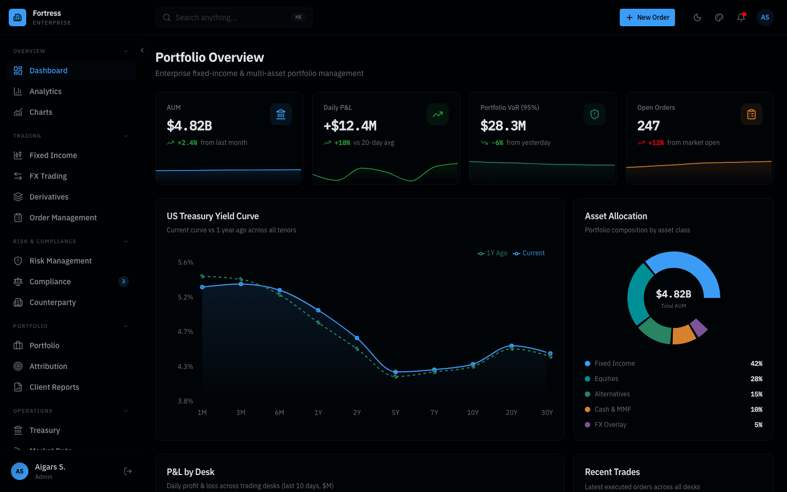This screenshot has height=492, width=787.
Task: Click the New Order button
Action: pyautogui.click(x=647, y=17)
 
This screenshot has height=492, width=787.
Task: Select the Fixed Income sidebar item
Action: pyautogui.click(x=53, y=155)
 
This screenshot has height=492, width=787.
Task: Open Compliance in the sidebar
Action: pyautogui.click(x=50, y=282)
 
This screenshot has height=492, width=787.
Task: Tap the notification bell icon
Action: pyautogui.click(x=741, y=17)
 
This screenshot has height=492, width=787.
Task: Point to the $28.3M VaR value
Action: pyautogui.click(x=503, y=126)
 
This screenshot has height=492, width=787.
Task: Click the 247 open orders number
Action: pyautogui.click(x=648, y=126)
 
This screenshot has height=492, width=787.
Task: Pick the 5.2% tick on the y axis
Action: pyautogui.click(x=185, y=297)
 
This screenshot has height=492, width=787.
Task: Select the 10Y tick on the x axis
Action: pyautogui.click(x=473, y=413)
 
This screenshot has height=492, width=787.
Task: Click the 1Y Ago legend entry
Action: pyautogui.click(x=492, y=253)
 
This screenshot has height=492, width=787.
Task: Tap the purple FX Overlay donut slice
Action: pyautogui.click(x=698, y=327)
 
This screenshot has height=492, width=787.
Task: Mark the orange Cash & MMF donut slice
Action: pyautogui.click(x=683, y=335)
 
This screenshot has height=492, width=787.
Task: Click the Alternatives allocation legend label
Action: pyautogui.click(x=612, y=394)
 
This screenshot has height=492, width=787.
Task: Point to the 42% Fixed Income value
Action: pyautogui.click(x=756, y=364)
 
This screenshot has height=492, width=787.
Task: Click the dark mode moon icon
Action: pyautogui.click(x=697, y=17)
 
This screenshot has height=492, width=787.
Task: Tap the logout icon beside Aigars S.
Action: pyautogui.click(x=128, y=471)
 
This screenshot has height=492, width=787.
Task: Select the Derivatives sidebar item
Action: pyautogui.click(x=49, y=197)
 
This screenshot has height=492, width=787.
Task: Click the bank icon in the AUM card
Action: pyautogui.click(x=281, y=114)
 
